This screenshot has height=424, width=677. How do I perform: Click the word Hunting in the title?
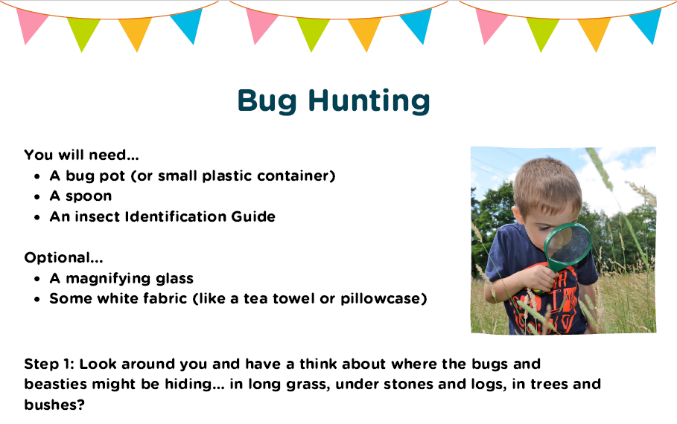click(x=369, y=101)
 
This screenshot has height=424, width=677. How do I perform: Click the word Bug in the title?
click(x=267, y=101)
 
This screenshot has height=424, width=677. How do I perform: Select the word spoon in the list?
click(x=89, y=196)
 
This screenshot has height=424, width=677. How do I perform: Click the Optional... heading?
click(x=63, y=258)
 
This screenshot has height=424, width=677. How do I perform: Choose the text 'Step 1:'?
click(x=49, y=364)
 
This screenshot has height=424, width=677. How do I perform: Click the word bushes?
click(x=54, y=405)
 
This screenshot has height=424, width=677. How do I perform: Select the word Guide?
click(x=253, y=216)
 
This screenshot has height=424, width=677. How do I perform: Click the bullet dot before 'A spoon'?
click(x=37, y=196)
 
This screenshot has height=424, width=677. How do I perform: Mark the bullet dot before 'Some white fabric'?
click(x=37, y=299)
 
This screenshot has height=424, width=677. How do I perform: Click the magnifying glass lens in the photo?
click(x=568, y=245)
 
